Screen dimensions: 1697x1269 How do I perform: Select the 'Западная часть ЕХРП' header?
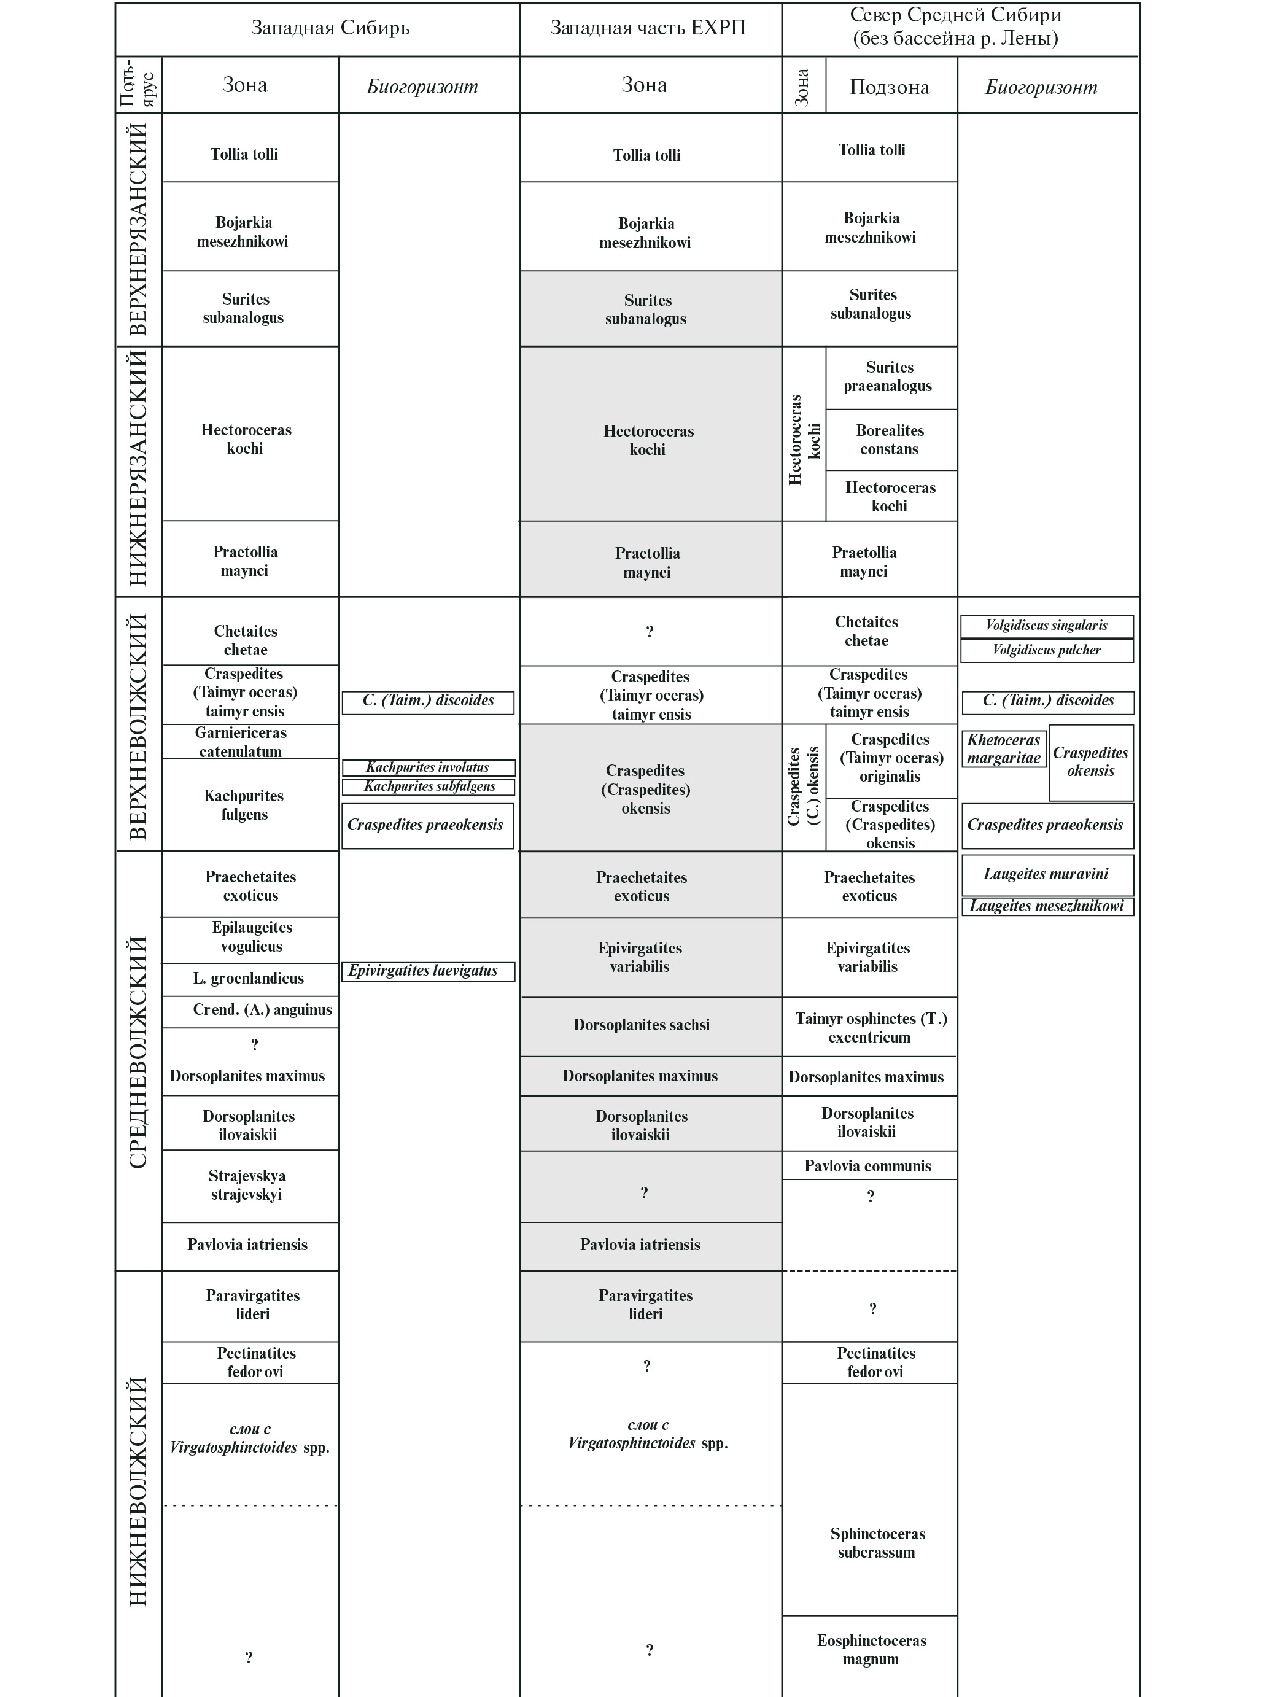tap(648, 28)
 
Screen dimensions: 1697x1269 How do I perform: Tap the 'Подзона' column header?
tap(889, 87)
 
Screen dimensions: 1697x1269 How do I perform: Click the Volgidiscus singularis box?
tap(1047, 625)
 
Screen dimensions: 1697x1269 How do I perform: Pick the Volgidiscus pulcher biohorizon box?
tap(1047, 650)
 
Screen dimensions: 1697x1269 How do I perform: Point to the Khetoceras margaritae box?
tap(1004, 749)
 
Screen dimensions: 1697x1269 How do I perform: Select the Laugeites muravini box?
tap(1047, 874)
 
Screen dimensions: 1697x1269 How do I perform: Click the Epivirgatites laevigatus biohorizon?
tap(427, 971)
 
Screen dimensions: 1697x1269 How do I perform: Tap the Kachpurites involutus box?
tap(427, 767)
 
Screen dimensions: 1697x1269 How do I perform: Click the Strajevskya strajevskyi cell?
tap(247, 1186)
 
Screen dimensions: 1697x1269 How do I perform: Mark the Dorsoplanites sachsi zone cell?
tap(642, 1025)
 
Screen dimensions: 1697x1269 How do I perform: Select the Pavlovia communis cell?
tap(867, 1166)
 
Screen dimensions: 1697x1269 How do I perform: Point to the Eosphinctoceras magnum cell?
tap(871, 1650)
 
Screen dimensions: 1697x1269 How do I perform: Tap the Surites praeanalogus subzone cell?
tap(888, 377)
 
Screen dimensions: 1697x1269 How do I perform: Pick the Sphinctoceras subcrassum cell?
tap(877, 1543)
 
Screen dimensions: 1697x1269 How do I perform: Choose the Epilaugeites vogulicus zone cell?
tap(252, 937)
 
